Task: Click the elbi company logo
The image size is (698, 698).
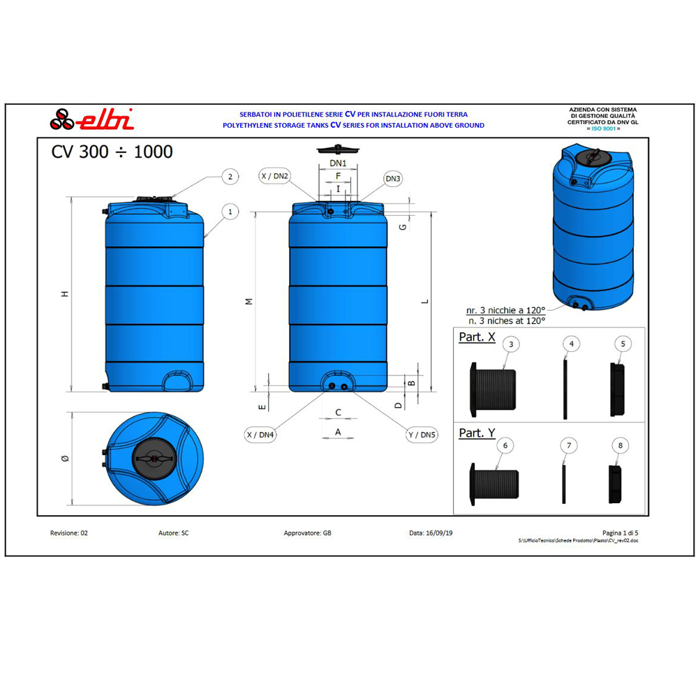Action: pos(91,119)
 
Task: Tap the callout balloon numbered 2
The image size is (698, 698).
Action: pos(230,177)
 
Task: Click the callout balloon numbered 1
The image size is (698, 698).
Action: pos(230,210)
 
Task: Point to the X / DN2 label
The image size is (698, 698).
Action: pos(274,176)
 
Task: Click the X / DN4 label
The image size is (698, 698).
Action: pos(260,435)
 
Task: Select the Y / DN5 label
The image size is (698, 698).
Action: pos(422,435)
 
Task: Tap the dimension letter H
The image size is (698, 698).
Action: pos(64,294)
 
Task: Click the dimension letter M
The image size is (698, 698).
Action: pos(248,301)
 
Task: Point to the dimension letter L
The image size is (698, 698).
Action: pos(424,302)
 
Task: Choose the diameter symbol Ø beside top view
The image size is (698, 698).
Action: pos(65,458)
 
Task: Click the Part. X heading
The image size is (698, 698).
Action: pos(477,337)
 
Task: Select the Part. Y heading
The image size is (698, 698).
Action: pos(477,433)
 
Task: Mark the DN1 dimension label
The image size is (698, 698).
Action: pos(339,163)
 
